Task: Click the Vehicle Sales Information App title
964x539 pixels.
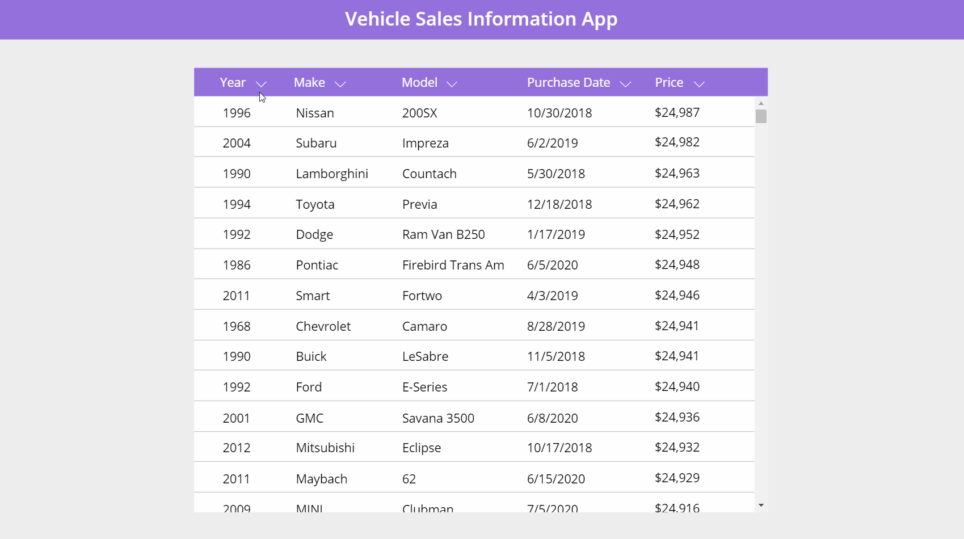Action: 481,19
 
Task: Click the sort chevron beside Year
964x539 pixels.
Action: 261,84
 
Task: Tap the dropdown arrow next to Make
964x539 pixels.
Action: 340,84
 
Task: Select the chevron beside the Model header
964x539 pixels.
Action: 452,84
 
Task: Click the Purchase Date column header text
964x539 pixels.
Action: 568,83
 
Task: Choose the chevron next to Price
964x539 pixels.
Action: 699,84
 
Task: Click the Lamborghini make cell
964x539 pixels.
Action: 332,174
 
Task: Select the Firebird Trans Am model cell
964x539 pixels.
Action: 453,265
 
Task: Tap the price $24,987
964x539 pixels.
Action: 677,112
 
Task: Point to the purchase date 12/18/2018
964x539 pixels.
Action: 559,204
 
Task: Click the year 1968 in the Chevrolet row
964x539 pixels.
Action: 237,326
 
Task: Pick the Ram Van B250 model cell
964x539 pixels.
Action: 443,234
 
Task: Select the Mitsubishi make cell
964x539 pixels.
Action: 325,448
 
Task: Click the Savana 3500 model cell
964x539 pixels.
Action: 438,418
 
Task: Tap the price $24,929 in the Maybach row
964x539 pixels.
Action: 677,478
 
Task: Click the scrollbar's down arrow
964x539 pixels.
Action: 761,505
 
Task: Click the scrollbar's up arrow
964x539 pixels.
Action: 761,103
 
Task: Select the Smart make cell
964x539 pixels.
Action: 313,296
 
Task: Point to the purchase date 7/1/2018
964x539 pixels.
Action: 552,387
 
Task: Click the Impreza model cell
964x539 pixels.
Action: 425,143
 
